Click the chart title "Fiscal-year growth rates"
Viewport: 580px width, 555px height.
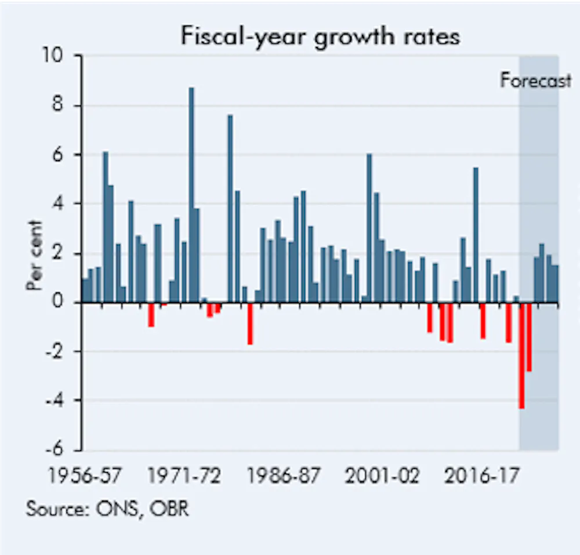coord(320,36)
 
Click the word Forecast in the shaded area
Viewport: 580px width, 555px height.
coord(535,81)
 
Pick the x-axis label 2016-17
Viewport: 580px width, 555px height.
coord(481,477)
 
